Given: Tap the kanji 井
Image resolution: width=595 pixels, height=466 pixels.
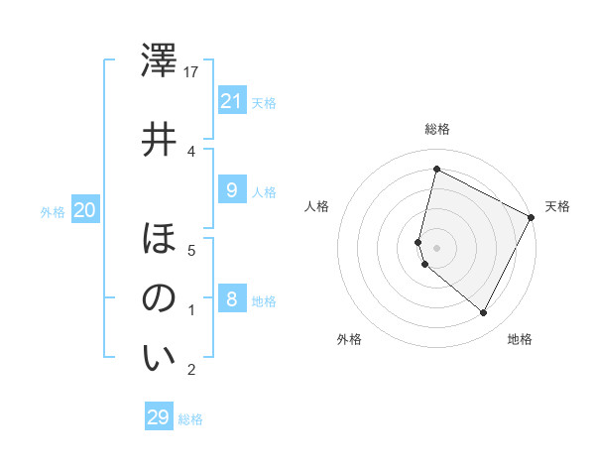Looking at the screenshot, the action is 160,139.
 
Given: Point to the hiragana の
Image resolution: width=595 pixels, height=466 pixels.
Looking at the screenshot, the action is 160,298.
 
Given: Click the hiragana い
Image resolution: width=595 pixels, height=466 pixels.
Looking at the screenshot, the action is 160,358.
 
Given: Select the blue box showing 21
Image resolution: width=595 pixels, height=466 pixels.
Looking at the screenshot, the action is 231,100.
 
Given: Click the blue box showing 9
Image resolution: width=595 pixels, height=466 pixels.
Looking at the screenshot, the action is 231,189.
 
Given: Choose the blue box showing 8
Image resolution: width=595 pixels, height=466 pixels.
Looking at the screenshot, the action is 231,298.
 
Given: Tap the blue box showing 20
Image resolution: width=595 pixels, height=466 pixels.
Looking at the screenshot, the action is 84,209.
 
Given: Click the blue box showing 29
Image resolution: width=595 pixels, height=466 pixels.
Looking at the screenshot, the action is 158,417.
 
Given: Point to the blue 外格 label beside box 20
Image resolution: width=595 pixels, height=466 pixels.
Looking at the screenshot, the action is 53,211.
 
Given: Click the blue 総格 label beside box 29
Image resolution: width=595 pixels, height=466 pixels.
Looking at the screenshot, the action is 190,419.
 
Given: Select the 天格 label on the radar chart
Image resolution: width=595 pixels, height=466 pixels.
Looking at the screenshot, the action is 557,206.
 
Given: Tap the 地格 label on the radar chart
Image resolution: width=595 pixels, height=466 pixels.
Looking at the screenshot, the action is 520,339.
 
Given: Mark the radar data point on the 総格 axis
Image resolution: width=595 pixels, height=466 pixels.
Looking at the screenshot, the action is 436,170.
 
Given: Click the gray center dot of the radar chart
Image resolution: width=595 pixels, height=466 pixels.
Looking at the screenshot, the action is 436,247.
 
